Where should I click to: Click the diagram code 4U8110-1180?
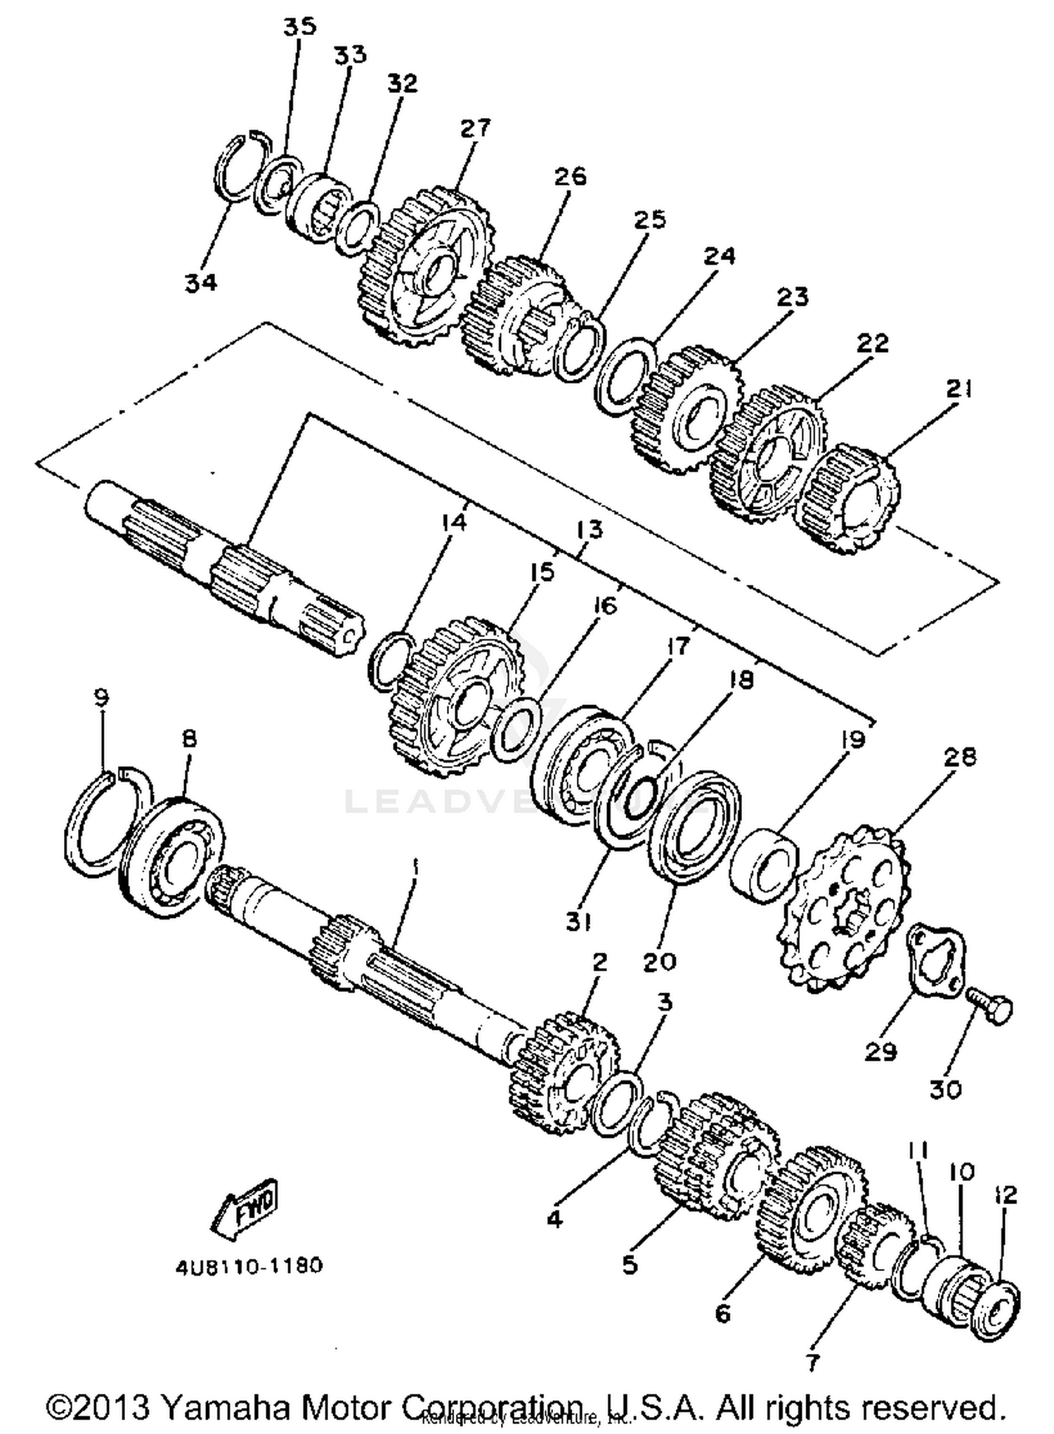(x=249, y=1265)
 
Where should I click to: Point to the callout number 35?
(x=300, y=27)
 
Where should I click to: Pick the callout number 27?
(x=476, y=128)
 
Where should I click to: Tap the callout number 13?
(x=589, y=529)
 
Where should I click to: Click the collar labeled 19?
(x=763, y=865)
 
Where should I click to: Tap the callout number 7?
(x=812, y=1362)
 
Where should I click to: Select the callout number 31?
(x=579, y=922)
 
